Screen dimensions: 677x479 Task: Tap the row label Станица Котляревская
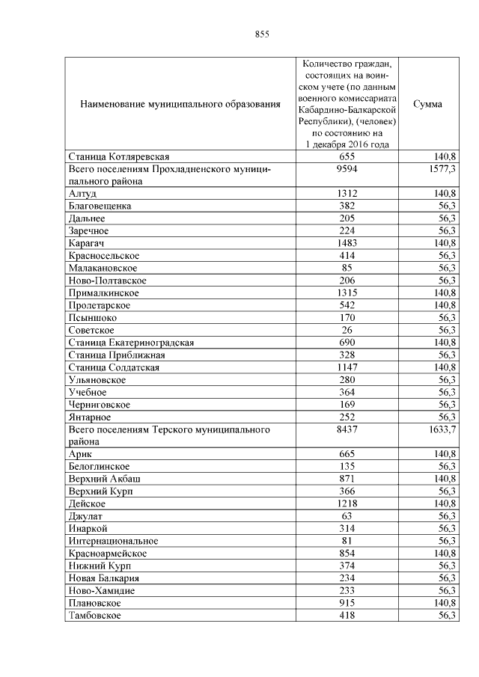click(x=119, y=156)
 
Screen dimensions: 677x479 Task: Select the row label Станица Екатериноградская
click(x=131, y=343)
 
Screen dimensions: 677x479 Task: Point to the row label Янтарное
click(x=90, y=417)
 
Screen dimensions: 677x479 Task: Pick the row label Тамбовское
click(x=94, y=615)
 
